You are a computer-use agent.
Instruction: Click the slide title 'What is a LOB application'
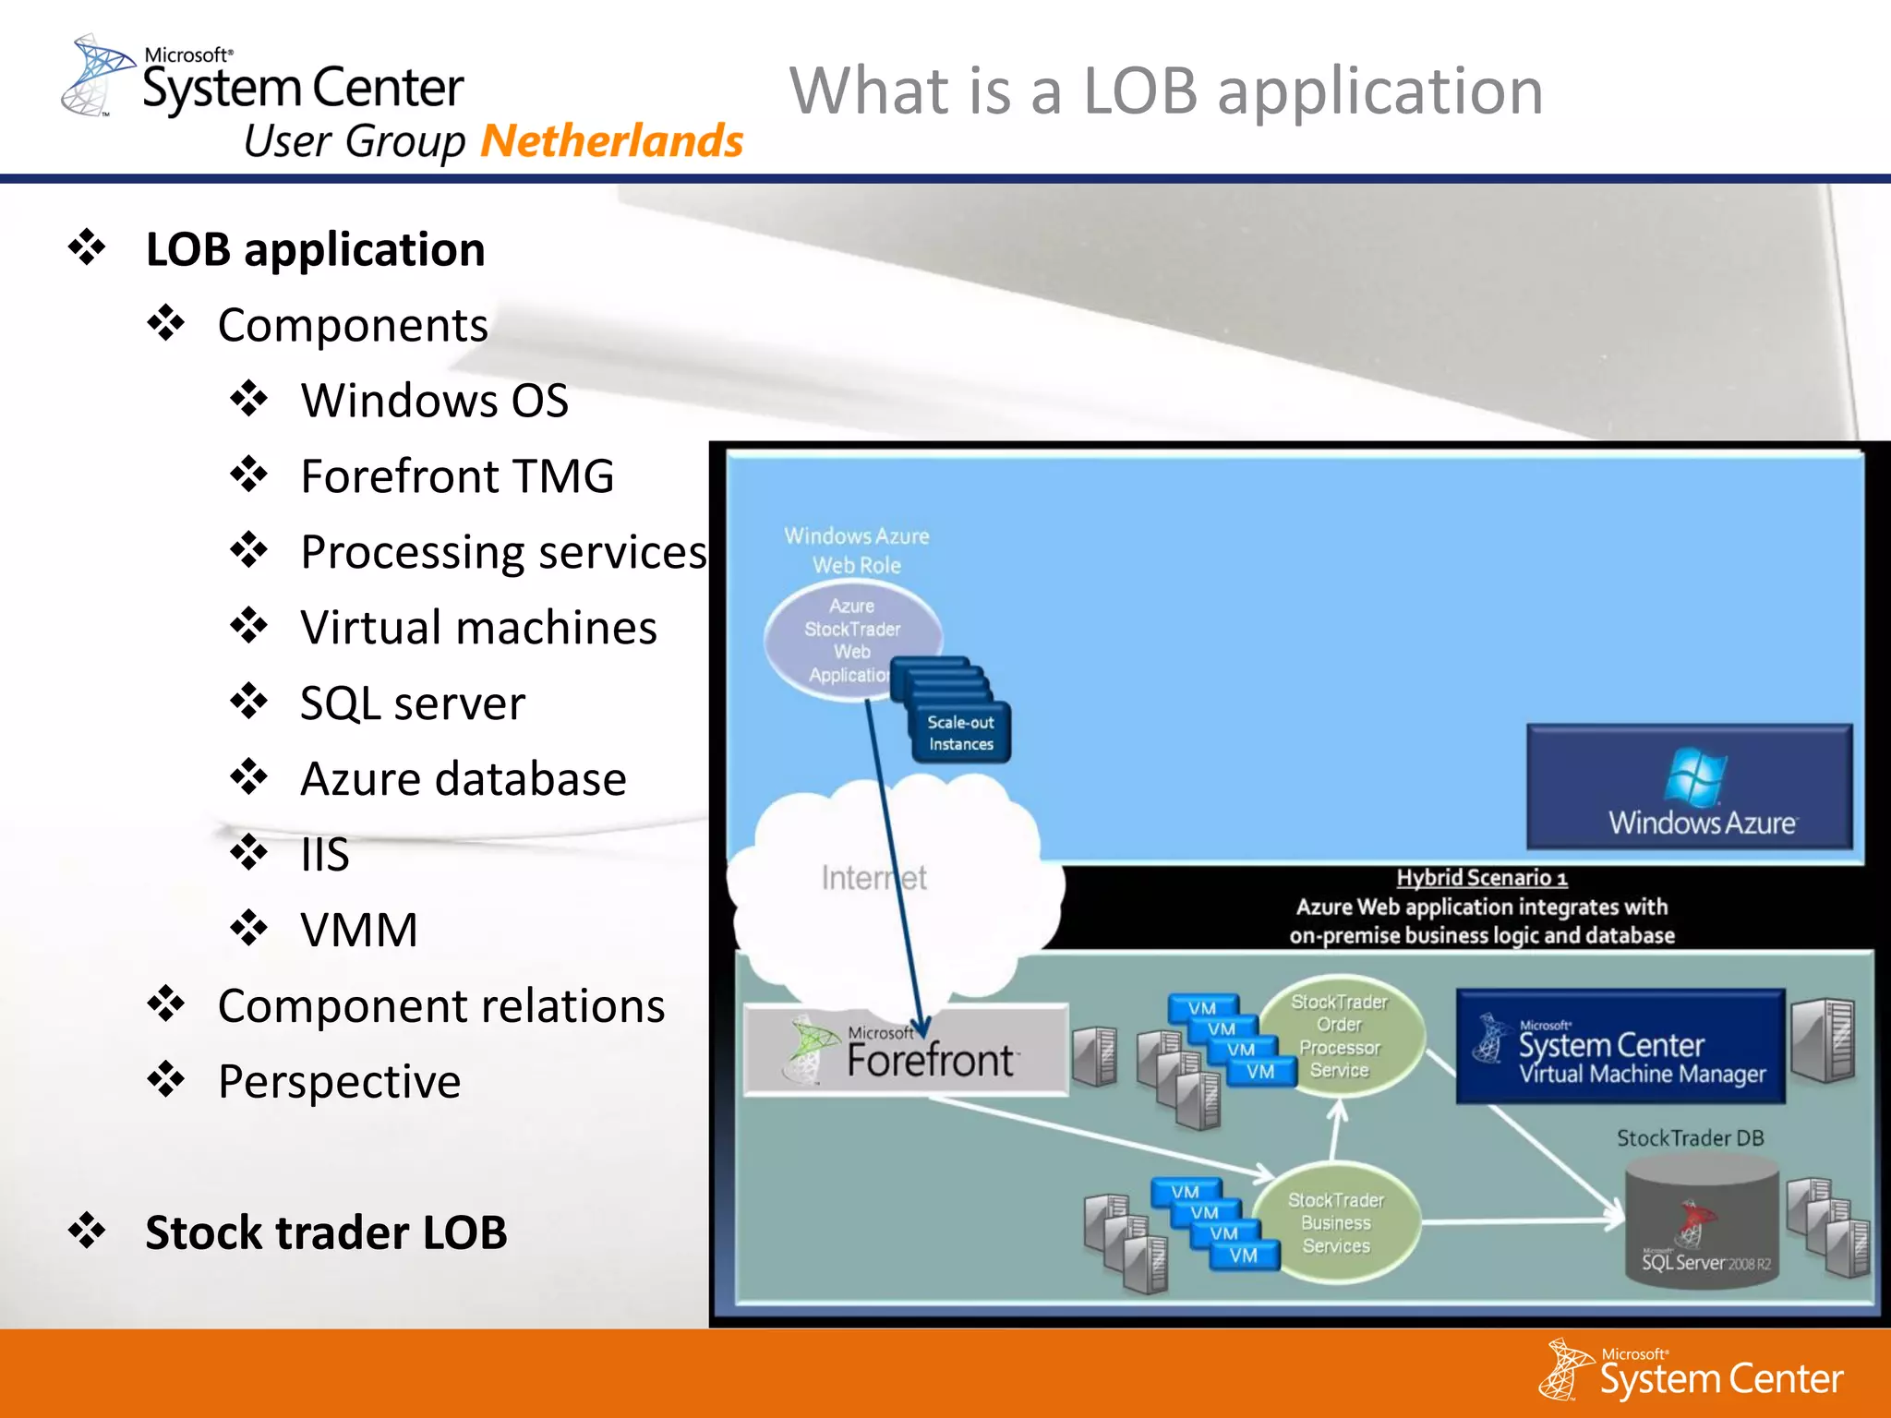(x=1165, y=91)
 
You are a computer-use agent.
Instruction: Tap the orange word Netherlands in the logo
(x=611, y=141)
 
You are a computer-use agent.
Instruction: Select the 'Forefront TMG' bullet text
(x=457, y=476)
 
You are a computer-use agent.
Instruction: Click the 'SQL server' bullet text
(x=413, y=703)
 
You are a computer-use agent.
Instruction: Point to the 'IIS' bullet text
(x=325, y=855)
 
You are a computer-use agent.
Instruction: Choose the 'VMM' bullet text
(x=359, y=930)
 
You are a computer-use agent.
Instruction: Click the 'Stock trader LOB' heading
(x=326, y=1232)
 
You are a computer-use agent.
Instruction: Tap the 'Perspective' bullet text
(x=339, y=1081)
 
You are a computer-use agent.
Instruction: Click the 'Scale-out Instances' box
(x=961, y=733)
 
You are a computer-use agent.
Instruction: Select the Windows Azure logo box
(x=1689, y=787)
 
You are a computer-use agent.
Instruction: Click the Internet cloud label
(x=873, y=878)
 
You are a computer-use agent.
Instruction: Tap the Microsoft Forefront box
(x=906, y=1051)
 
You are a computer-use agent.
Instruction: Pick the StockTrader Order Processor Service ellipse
(x=1341, y=1036)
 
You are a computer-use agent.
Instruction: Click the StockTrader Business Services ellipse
(x=1337, y=1223)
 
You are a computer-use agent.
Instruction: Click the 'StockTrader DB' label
(x=1690, y=1138)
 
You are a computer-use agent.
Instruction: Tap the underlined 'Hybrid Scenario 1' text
(x=1481, y=877)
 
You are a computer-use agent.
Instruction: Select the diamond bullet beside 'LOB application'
(x=87, y=247)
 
